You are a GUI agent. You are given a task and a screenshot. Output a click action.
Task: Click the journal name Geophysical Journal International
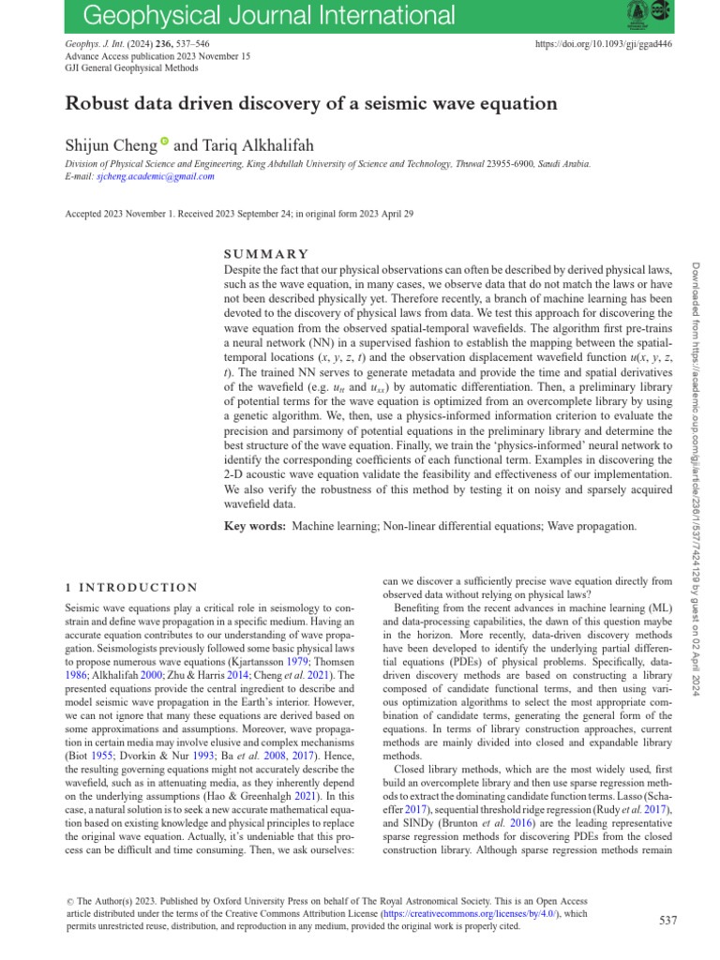point(257,16)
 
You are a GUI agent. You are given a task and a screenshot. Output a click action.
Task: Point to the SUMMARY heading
point(267,254)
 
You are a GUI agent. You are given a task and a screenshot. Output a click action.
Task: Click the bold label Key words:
point(255,527)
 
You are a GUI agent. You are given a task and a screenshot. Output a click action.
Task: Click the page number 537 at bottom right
point(667,921)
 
